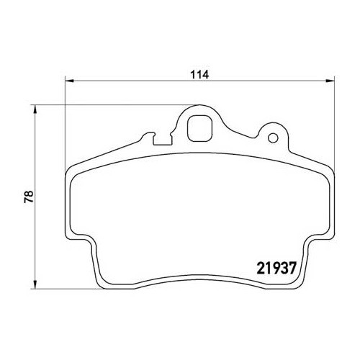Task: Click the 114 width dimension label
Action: pyautogui.click(x=197, y=73)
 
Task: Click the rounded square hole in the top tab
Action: pyautogui.click(x=198, y=130)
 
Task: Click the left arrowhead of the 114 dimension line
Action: pyautogui.click(x=68, y=81)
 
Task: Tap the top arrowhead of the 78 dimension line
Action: pyautogui.click(x=35, y=109)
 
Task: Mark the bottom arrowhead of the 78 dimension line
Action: pyautogui.click(x=35, y=286)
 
